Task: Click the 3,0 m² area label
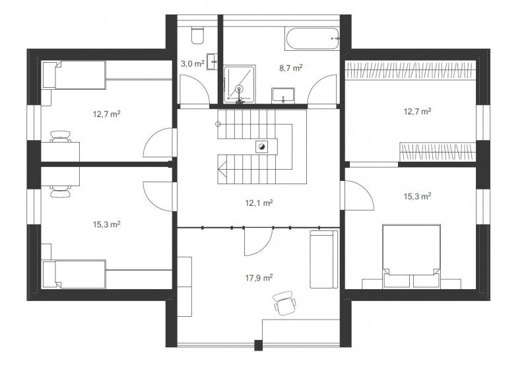click(x=193, y=63)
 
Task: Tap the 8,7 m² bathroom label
click(x=290, y=68)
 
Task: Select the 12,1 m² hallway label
click(x=259, y=203)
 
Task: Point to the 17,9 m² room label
click(x=259, y=278)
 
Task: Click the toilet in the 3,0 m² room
click(x=197, y=36)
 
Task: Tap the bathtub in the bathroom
click(x=312, y=38)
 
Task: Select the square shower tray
click(x=240, y=84)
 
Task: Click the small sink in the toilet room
click(x=212, y=61)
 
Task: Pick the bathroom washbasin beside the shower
click(x=283, y=95)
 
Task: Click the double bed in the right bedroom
click(x=411, y=256)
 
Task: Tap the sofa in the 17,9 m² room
click(x=323, y=259)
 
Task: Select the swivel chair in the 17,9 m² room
click(x=285, y=303)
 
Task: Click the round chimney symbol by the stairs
click(x=261, y=147)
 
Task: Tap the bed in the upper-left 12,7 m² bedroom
click(x=74, y=75)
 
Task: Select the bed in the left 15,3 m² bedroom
click(x=74, y=274)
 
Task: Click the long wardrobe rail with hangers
click(x=411, y=71)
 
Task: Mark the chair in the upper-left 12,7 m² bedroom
click(x=61, y=137)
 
